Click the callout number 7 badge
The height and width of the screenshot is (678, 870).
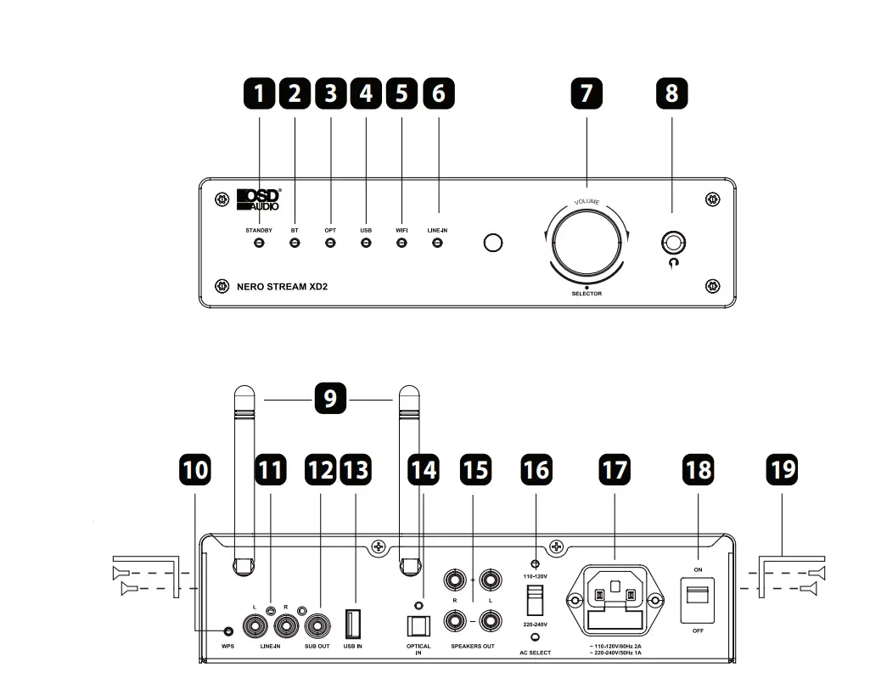click(586, 93)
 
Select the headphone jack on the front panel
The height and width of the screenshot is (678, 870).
click(674, 244)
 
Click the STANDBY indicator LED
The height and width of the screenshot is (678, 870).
click(259, 244)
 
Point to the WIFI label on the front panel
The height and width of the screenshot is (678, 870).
click(401, 230)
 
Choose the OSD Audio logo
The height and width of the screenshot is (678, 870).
click(258, 199)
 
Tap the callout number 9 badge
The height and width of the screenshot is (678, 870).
click(330, 398)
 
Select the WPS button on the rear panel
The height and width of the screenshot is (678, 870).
click(227, 630)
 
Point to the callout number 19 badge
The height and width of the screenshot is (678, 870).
click(782, 470)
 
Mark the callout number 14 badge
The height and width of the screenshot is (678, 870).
click(423, 470)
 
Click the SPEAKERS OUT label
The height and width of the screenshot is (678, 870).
click(472, 647)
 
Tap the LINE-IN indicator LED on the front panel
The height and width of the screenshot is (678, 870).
click(438, 244)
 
